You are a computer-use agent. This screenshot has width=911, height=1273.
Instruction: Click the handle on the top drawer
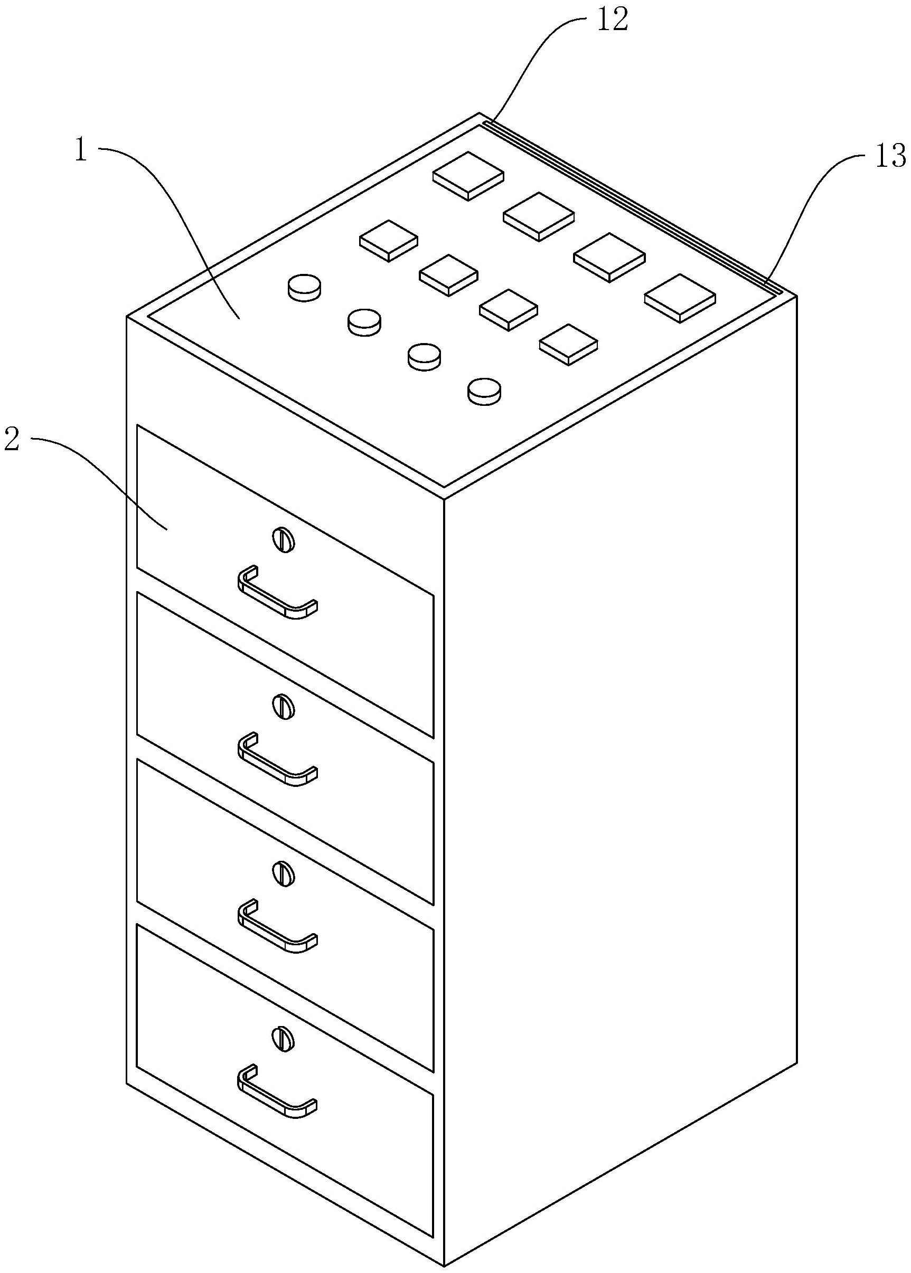pos(278,593)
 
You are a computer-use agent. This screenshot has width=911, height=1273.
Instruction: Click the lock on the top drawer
pos(283,540)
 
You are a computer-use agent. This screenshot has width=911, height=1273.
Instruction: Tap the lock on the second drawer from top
pos(283,706)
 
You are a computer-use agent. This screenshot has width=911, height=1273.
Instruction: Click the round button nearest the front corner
pos(485,391)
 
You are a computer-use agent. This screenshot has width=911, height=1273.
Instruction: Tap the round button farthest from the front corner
pos(305,288)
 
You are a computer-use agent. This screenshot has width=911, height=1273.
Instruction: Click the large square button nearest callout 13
pos(680,298)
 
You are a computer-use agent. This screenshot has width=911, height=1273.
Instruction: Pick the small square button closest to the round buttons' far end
pos(389,241)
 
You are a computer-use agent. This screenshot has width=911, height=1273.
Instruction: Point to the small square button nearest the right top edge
pos(568,344)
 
